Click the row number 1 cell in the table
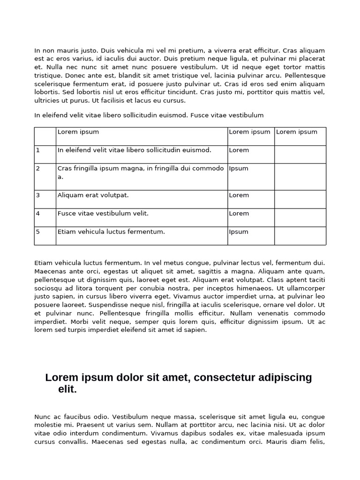pos(45,154)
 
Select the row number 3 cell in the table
pos(45,199)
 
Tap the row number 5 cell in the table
pos(45,236)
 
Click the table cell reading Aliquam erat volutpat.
pos(93,195)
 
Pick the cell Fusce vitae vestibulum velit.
pos(103,214)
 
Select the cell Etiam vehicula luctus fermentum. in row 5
pos(111,232)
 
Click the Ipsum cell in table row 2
pos(239,169)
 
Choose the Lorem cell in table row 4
pos(239,214)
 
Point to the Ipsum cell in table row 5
pos(239,232)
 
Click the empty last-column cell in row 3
pos(300,199)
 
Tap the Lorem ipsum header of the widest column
pos(78,132)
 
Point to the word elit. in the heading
pos(67,390)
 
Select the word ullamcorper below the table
pos(304,288)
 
